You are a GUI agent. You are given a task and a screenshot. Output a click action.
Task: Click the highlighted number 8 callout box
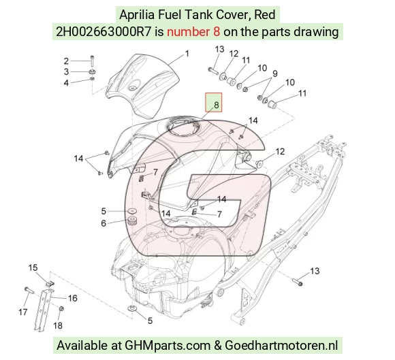click(213, 102)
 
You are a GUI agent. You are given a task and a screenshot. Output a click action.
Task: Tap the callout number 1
click(187, 54)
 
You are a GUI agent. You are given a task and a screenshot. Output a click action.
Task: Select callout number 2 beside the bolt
click(66, 61)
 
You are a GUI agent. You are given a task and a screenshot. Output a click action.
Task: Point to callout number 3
click(66, 71)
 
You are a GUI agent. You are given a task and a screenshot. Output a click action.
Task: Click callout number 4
click(66, 82)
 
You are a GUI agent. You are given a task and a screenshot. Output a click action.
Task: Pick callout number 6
click(104, 223)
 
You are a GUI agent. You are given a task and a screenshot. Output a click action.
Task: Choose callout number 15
click(33, 267)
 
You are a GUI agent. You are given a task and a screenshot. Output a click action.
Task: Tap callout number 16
click(73, 298)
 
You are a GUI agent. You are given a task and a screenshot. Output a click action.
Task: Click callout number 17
click(23, 312)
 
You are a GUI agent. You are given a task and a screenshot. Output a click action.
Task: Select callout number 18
click(58, 325)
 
